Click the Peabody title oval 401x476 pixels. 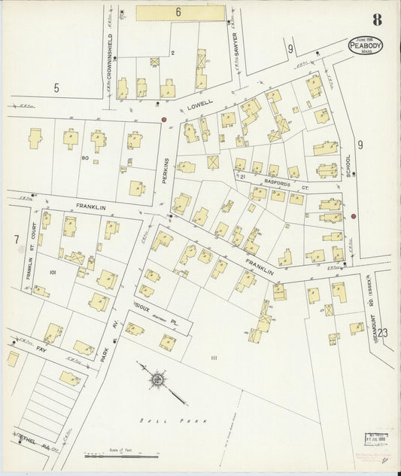coord(365,45)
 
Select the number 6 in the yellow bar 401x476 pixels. coord(179,12)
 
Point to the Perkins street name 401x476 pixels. coord(167,176)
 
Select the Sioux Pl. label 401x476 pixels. coord(153,314)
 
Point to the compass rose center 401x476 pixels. coord(156,380)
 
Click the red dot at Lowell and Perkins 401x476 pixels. coord(164,119)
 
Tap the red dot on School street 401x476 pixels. coord(353,217)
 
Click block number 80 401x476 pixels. coord(86,157)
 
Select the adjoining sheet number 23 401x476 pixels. coord(383,333)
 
